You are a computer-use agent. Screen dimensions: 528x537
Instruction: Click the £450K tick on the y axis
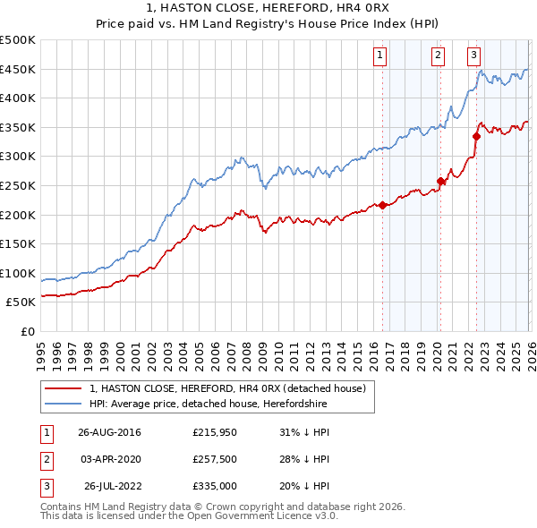[x=18, y=69]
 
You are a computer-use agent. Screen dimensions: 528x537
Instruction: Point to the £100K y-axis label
[x=18, y=273]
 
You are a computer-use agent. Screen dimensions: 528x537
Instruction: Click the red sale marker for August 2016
[x=382, y=205]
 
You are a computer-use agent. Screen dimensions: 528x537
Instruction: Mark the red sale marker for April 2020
[x=439, y=181]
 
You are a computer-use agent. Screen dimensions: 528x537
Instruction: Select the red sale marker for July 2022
[x=476, y=136]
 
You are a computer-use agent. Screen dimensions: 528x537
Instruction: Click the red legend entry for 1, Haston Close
[x=227, y=389]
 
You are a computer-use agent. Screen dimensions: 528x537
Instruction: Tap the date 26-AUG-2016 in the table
[x=109, y=432]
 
